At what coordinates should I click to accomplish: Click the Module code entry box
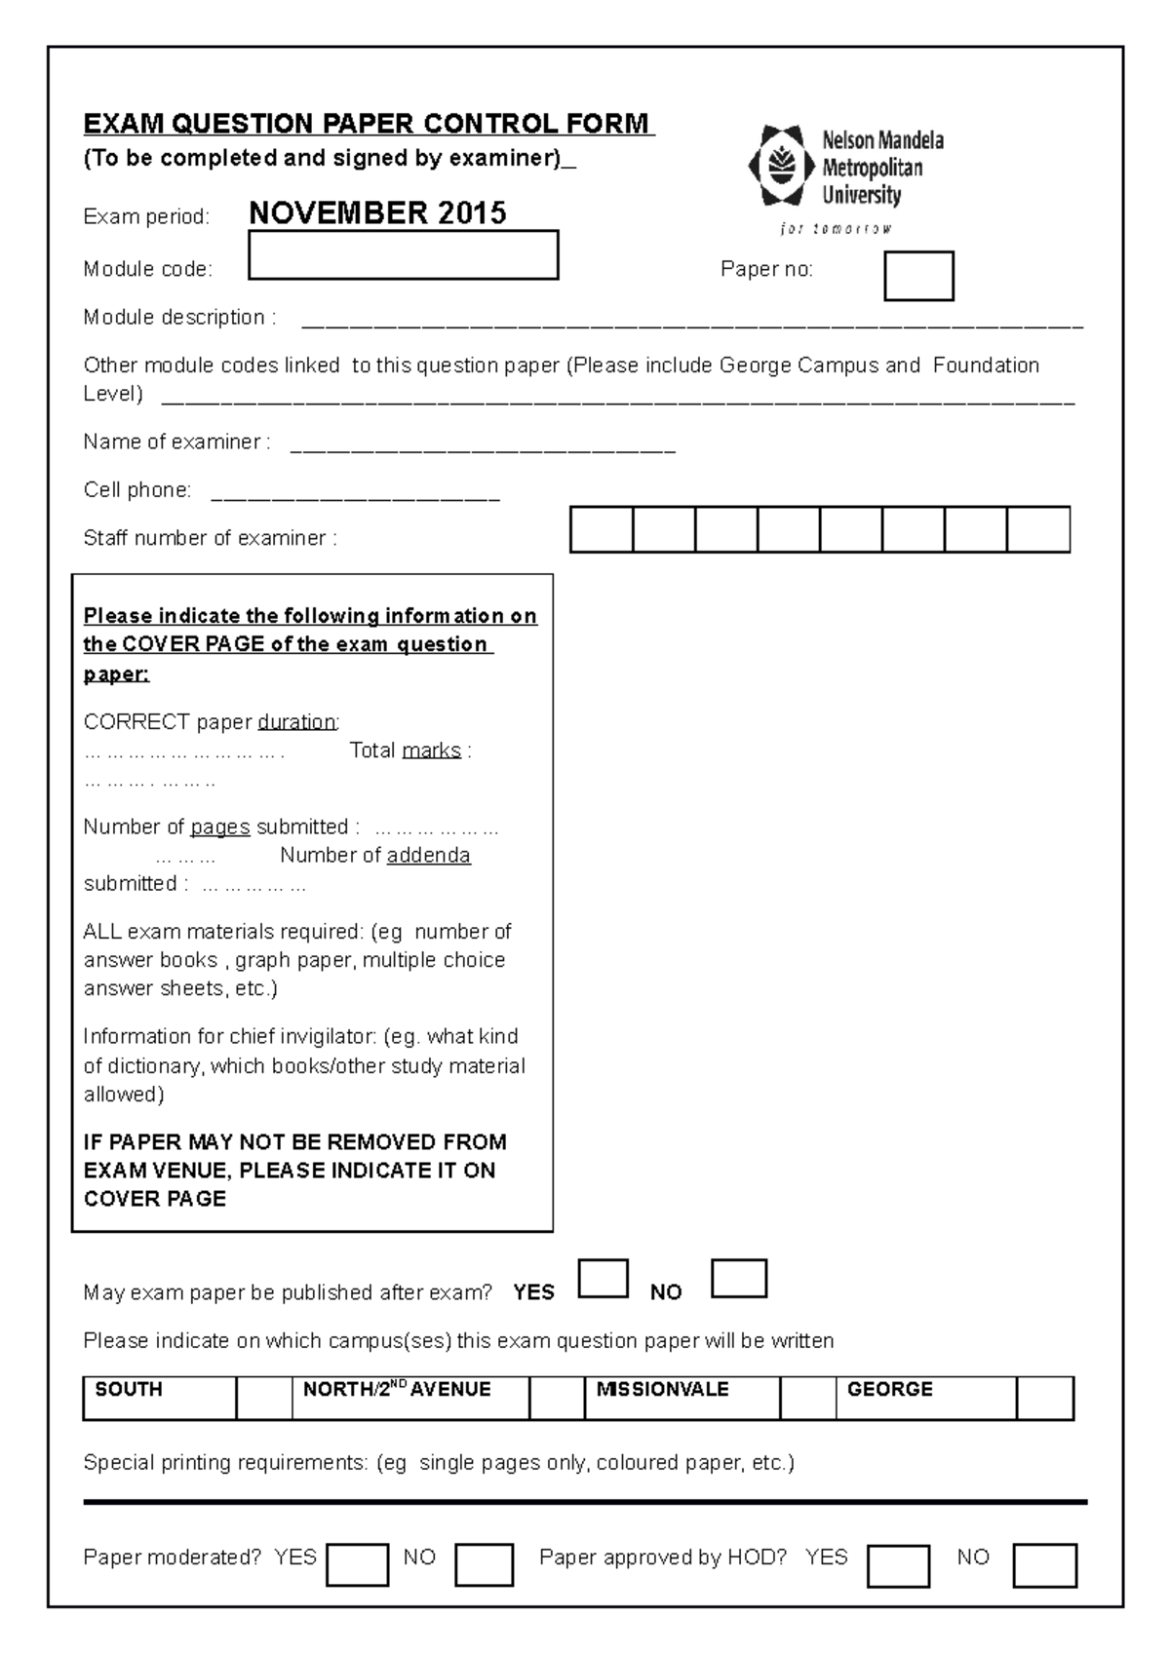(x=403, y=255)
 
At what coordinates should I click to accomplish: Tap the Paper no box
(x=917, y=276)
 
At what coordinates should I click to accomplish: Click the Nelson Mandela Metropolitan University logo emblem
(x=780, y=166)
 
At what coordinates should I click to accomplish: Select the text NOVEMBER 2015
(x=377, y=213)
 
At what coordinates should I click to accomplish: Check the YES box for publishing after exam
(x=603, y=1279)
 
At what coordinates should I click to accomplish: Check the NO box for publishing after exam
(x=738, y=1279)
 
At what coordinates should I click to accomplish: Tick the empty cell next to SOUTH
(x=263, y=1398)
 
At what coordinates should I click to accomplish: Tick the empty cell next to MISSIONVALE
(x=807, y=1398)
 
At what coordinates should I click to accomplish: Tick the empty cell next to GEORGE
(x=1044, y=1398)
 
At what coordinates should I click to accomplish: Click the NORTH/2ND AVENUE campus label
(x=396, y=1390)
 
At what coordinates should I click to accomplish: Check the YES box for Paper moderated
(x=357, y=1565)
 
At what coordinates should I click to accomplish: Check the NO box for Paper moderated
(x=484, y=1565)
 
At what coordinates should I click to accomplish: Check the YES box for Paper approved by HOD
(x=897, y=1565)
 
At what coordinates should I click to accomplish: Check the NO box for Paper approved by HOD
(x=1044, y=1565)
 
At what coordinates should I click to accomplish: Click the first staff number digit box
(x=601, y=529)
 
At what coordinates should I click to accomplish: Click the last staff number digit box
(x=1038, y=529)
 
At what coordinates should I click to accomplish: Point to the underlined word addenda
(x=428, y=856)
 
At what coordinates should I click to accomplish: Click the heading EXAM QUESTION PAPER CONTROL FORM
(x=368, y=124)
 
